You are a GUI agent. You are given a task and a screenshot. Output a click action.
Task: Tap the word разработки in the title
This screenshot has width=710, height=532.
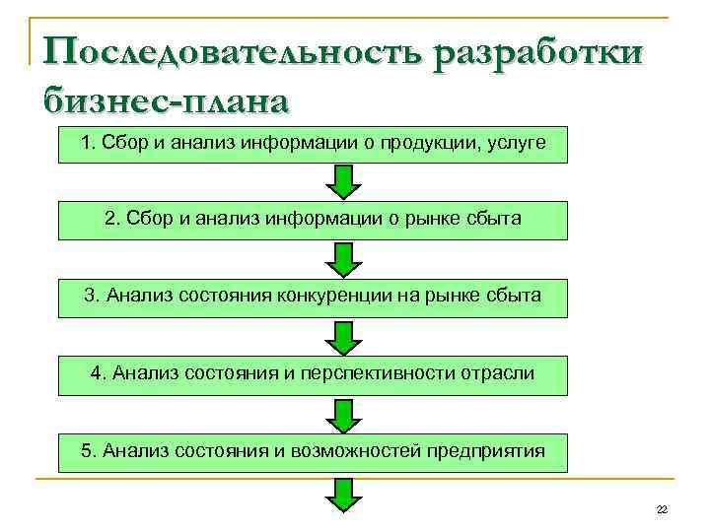533,50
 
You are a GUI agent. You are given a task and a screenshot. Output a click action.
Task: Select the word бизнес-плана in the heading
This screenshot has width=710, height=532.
168,100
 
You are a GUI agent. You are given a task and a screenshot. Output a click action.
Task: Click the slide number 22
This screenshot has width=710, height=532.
662,508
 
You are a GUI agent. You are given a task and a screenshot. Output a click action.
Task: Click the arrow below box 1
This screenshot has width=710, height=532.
343,182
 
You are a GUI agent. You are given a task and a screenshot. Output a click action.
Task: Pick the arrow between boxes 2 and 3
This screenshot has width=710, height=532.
343,260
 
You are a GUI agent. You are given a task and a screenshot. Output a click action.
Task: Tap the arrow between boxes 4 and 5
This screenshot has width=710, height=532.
343,415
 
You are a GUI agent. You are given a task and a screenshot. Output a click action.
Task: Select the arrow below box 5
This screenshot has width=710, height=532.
343,495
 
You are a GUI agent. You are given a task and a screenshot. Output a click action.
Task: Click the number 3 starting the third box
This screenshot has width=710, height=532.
91,295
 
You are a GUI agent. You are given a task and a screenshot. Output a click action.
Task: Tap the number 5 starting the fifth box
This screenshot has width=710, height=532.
88,451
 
